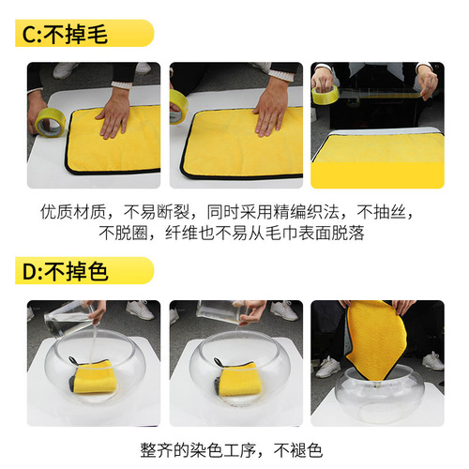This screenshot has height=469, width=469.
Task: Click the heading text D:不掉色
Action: coord(63,273)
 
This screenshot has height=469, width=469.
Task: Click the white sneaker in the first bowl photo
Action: coord(139,310)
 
